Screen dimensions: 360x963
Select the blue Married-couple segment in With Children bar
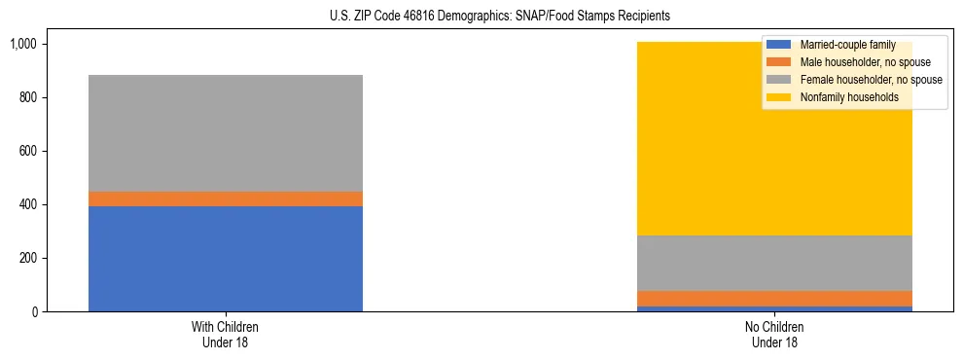coord(225,258)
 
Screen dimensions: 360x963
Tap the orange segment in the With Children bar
coord(225,198)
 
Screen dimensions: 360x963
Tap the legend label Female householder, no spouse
coord(871,80)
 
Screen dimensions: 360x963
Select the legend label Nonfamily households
coord(848,97)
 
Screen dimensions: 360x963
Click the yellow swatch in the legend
coord(780,97)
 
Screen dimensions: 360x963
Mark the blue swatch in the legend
coord(780,45)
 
